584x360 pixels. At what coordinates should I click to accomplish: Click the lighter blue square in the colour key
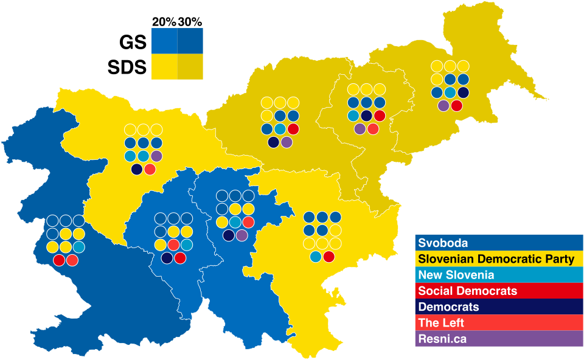[164, 41]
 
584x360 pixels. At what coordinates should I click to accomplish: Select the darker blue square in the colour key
[190, 41]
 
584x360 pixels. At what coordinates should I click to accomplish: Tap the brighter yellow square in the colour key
[164, 66]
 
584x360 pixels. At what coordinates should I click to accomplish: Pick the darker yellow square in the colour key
[190, 66]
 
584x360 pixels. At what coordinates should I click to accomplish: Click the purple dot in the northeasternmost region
[443, 106]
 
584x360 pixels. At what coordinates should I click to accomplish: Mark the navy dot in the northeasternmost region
[463, 92]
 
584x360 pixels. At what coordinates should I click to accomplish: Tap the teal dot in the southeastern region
[316, 257]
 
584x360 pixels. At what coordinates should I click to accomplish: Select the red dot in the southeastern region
[329, 257]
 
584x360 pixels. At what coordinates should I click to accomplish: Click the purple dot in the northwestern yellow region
[157, 156]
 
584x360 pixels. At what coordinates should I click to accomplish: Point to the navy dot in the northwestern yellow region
[137, 169]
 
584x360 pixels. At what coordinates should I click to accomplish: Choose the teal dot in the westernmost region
[78, 247]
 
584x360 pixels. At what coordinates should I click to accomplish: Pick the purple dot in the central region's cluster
[242, 235]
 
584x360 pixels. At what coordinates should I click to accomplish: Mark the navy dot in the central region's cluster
[229, 235]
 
